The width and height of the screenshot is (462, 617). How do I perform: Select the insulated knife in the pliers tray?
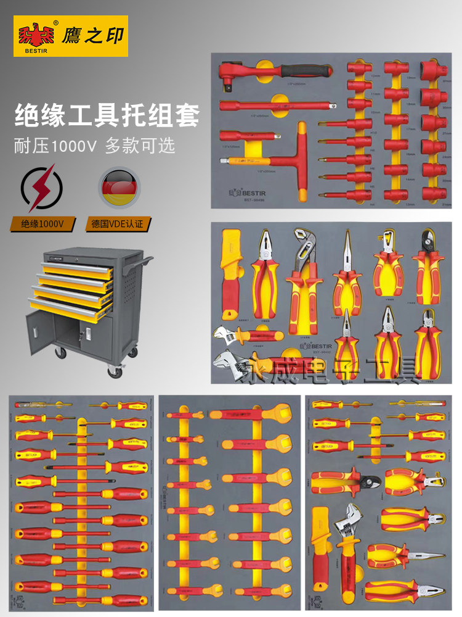pos(229,271)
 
